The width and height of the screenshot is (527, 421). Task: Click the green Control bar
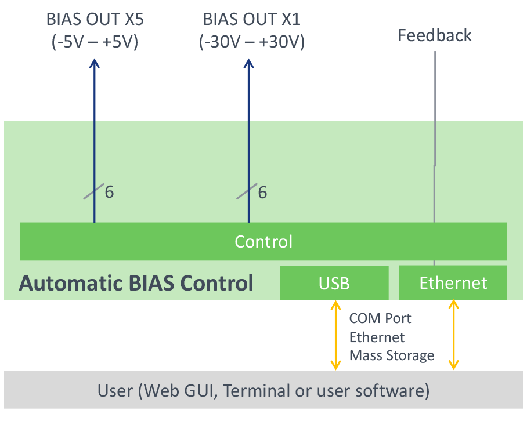[x=263, y=241]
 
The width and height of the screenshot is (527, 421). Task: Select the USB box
[x=334, y=282]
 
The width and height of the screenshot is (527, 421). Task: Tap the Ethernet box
[x=453, y=282]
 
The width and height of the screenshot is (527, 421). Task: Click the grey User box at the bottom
[x=263, y=390]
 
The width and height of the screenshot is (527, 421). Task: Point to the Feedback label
[x=435, y=35]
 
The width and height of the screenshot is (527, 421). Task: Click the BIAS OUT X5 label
[x=95, y=19]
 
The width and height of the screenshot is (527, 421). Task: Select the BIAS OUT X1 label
[x=252, y=19]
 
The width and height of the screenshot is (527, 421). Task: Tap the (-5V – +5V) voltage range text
[x=95, y=42]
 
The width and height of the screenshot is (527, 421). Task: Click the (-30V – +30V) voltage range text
[x=252, y=42]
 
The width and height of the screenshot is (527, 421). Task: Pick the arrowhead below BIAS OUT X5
[x=95, y=63]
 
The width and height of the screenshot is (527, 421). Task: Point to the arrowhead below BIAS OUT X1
[x=249, y=63]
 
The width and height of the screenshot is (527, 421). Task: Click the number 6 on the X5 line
[x=109, y=192]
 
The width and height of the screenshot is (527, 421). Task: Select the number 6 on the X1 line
[x=262, y=193]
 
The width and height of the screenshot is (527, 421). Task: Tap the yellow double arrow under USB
[x=335, y=335]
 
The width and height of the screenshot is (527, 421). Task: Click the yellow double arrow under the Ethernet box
[x=454, y=335]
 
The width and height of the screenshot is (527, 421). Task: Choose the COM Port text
[x=380, y=318]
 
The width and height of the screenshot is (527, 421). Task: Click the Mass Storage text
[x=392, y=355]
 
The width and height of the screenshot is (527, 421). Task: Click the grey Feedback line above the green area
[x=435, y=86]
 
